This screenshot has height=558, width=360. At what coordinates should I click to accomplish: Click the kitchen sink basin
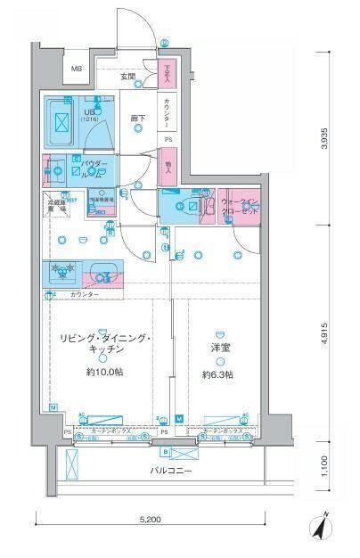tap(105, 273)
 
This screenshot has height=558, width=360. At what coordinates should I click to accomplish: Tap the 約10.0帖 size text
tap(106, 373)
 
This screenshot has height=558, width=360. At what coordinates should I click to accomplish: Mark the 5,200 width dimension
tap(170, 519)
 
